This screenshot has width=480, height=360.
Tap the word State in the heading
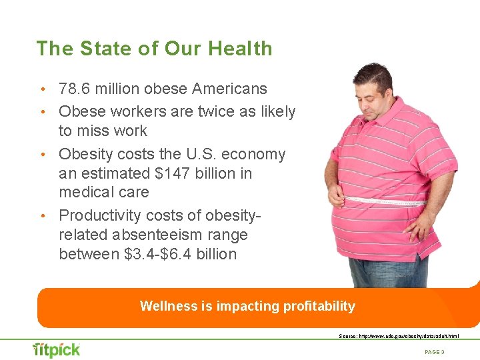pyautogui.click(x=101, y=49)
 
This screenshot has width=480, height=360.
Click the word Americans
pyautogui.click(x=230, y=89)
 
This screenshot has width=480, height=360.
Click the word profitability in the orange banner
pyautogui.click(x=319, y=307)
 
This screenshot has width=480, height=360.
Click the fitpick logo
pyautogui.click(x=57, y=349)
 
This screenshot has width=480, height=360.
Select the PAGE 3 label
pyautogui.click(x=434, y=351)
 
